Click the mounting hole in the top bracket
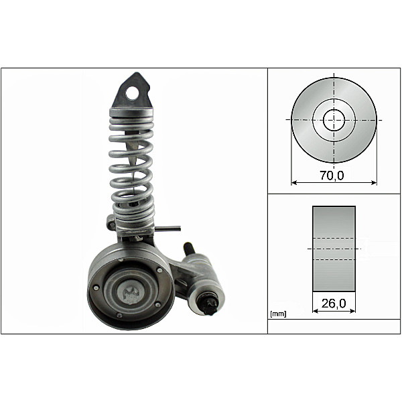click(133, 92)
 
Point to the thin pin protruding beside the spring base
click(172, 228)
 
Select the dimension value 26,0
click(334, 304)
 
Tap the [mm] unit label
click(277, 314)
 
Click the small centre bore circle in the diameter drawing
click(334, 121)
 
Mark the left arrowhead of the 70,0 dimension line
click(293, 182)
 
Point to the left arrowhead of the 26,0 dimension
click(315, 311)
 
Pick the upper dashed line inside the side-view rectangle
click(334, 239)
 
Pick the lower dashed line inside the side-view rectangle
click(334, 259)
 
